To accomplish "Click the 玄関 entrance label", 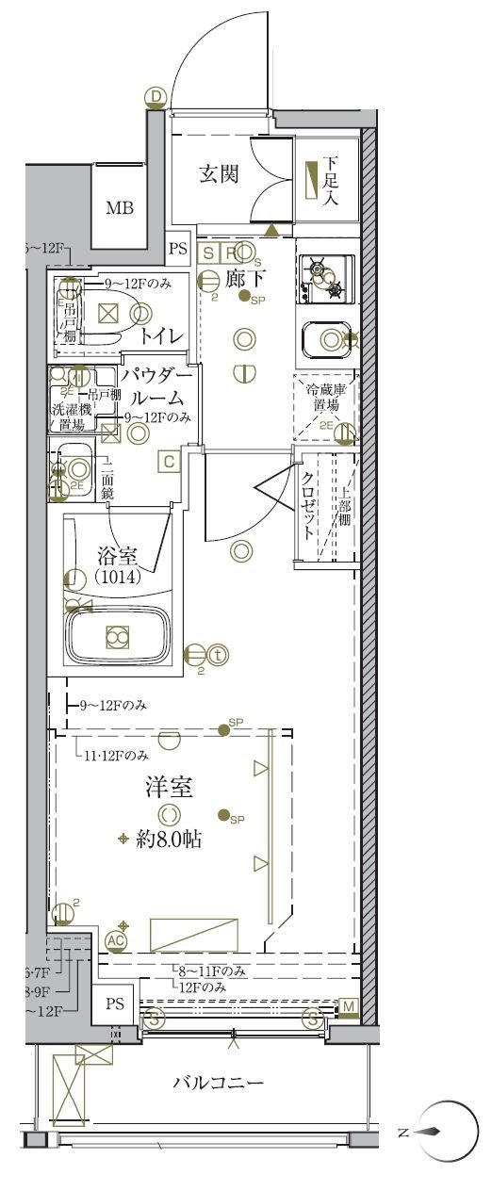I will click(218, 174).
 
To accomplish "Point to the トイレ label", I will click(161, 335).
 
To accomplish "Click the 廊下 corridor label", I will click(246, 279).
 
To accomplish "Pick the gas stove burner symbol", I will click(324, 277).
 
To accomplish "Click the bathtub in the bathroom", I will click(117, 638).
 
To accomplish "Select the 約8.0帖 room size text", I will click(171, 838).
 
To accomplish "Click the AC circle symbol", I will click(116, 939).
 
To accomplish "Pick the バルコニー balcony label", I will click(218, 1083).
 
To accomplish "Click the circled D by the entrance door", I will click(156, 95).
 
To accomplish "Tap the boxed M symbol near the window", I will click(349, 1007).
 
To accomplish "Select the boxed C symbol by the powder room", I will click(168, 461).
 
